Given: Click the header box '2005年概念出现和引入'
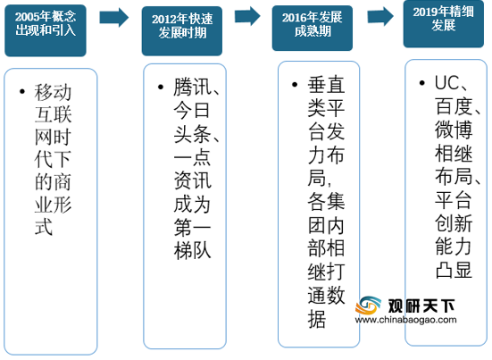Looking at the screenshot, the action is coord(46,30).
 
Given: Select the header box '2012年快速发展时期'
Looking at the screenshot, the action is coord(182,30).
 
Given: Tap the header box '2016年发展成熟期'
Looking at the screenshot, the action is coord(313,28).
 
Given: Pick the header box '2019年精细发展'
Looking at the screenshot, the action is coord(444,24).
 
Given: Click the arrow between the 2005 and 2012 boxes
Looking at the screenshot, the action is coord(114,17).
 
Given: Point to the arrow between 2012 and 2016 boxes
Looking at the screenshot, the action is coord(248,16).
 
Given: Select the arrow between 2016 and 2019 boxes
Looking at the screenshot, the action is coord(380,16).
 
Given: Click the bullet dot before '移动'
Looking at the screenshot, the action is coord(22,92).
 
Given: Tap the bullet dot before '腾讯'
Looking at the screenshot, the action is coord(161,87).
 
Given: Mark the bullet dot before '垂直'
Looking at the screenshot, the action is coord(295,85).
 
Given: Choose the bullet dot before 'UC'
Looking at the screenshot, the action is coord(422,83).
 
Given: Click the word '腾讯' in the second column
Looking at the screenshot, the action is coord(192,87).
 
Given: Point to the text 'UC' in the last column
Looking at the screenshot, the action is coord(446,83).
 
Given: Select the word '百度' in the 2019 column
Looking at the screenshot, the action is coord(454,106).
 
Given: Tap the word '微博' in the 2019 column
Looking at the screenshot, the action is coord(454,130).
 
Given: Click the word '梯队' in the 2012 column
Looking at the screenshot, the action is coord(192,251).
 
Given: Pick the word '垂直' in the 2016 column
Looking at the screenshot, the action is coord(326,85).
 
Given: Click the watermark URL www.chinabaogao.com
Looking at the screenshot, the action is coord(405,320).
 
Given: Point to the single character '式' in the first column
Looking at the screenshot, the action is coord(44,227).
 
